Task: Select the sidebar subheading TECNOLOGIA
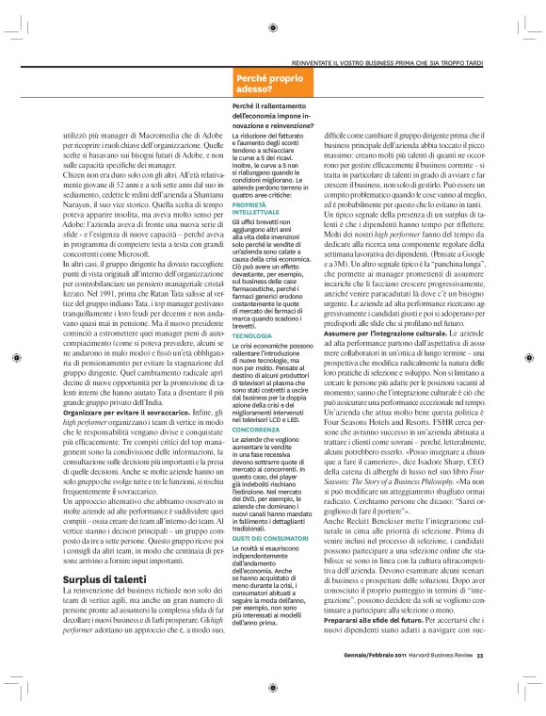point(250,308)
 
